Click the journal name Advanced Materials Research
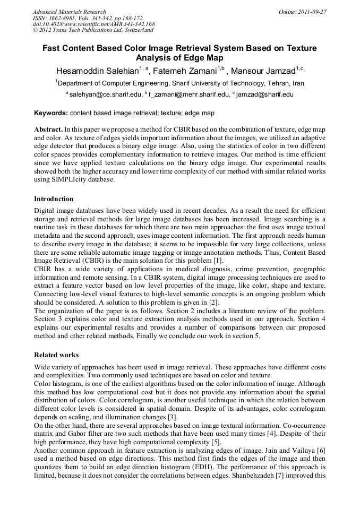click(70, 12)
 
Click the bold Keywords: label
click(51, 113)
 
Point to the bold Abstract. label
click(48, 130)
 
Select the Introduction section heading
click(54, 199)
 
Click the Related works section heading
click(56, 355)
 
